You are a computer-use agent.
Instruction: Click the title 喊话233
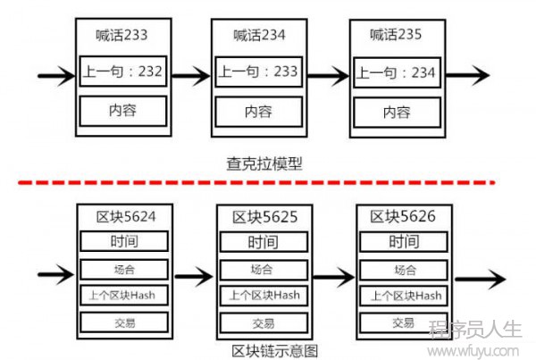pos(121,35)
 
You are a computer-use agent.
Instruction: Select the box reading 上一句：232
pos(123,71)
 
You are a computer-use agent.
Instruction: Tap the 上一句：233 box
pos(259,71)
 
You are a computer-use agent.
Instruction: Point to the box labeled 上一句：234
pos(397,72)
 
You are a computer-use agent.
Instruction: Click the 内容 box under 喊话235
pos(397,113)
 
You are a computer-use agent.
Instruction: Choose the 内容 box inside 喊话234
pos(259,112)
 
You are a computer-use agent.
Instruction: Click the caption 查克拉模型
pos(264,163)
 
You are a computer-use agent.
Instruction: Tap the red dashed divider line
pos(256,183)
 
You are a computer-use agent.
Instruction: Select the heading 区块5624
pos(126,217)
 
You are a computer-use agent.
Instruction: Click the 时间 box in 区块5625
pos(264,242)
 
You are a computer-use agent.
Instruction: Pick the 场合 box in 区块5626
pos(404,270)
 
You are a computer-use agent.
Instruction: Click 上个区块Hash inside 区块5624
pos(124,295)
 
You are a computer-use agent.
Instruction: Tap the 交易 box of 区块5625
pos(264,323)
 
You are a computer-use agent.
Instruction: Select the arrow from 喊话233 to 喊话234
pos(191,76)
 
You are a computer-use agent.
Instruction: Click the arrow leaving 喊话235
pos(467,75)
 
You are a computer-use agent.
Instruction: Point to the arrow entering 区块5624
pos(56,274)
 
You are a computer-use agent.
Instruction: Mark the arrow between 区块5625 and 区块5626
pos(333,277)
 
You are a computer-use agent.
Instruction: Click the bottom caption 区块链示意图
pos(275,351)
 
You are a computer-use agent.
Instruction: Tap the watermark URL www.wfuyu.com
pos(473,351)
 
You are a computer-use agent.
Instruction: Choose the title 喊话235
pos(396,35)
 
